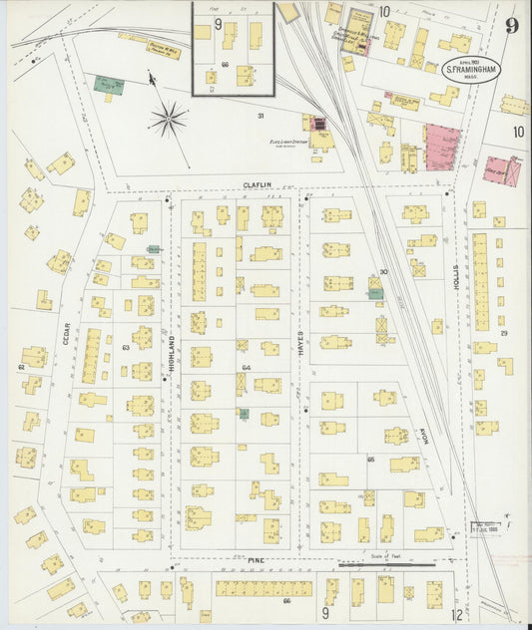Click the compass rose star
(168, 120)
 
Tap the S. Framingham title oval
(471, 71)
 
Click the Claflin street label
(257, 184)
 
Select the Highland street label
(171, 354)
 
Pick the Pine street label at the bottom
(256, 562)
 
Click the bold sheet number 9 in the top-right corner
(511, 25)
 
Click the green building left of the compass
(103, 86)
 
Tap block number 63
(126, 348)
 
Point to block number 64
(246, 367)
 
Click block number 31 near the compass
(260, 117)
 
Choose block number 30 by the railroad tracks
(382, 273)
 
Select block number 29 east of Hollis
(504, 332)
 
